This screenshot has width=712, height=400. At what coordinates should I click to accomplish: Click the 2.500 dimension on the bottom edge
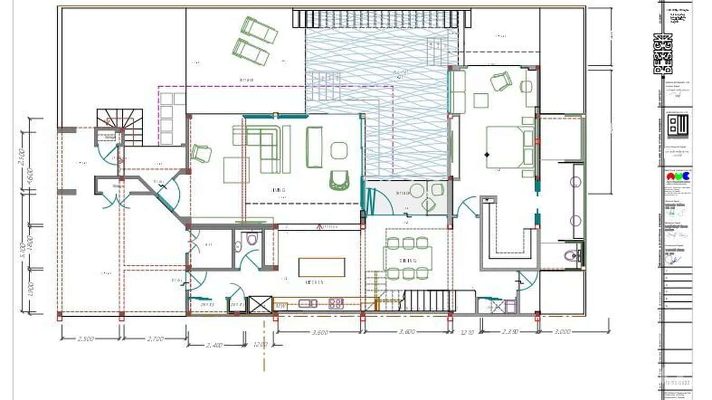click(86, 338)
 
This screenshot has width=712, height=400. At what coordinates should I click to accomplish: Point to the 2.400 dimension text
click(213, 345)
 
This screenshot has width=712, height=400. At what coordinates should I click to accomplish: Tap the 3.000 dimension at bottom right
click(562, 332)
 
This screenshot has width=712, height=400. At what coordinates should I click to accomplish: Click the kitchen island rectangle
click(322, 267)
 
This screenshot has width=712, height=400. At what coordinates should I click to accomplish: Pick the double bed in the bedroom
click(510, 147)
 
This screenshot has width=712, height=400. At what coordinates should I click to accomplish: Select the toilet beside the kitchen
click(251, 240)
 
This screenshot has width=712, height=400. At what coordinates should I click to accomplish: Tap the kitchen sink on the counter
click(308, 304)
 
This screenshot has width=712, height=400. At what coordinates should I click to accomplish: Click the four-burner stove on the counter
click(336, 304)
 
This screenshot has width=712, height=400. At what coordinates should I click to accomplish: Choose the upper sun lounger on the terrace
click(259, 30)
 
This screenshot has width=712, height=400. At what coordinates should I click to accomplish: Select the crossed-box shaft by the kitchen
click(260, 305)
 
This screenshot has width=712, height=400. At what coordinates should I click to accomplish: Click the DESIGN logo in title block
click(663, 54)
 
